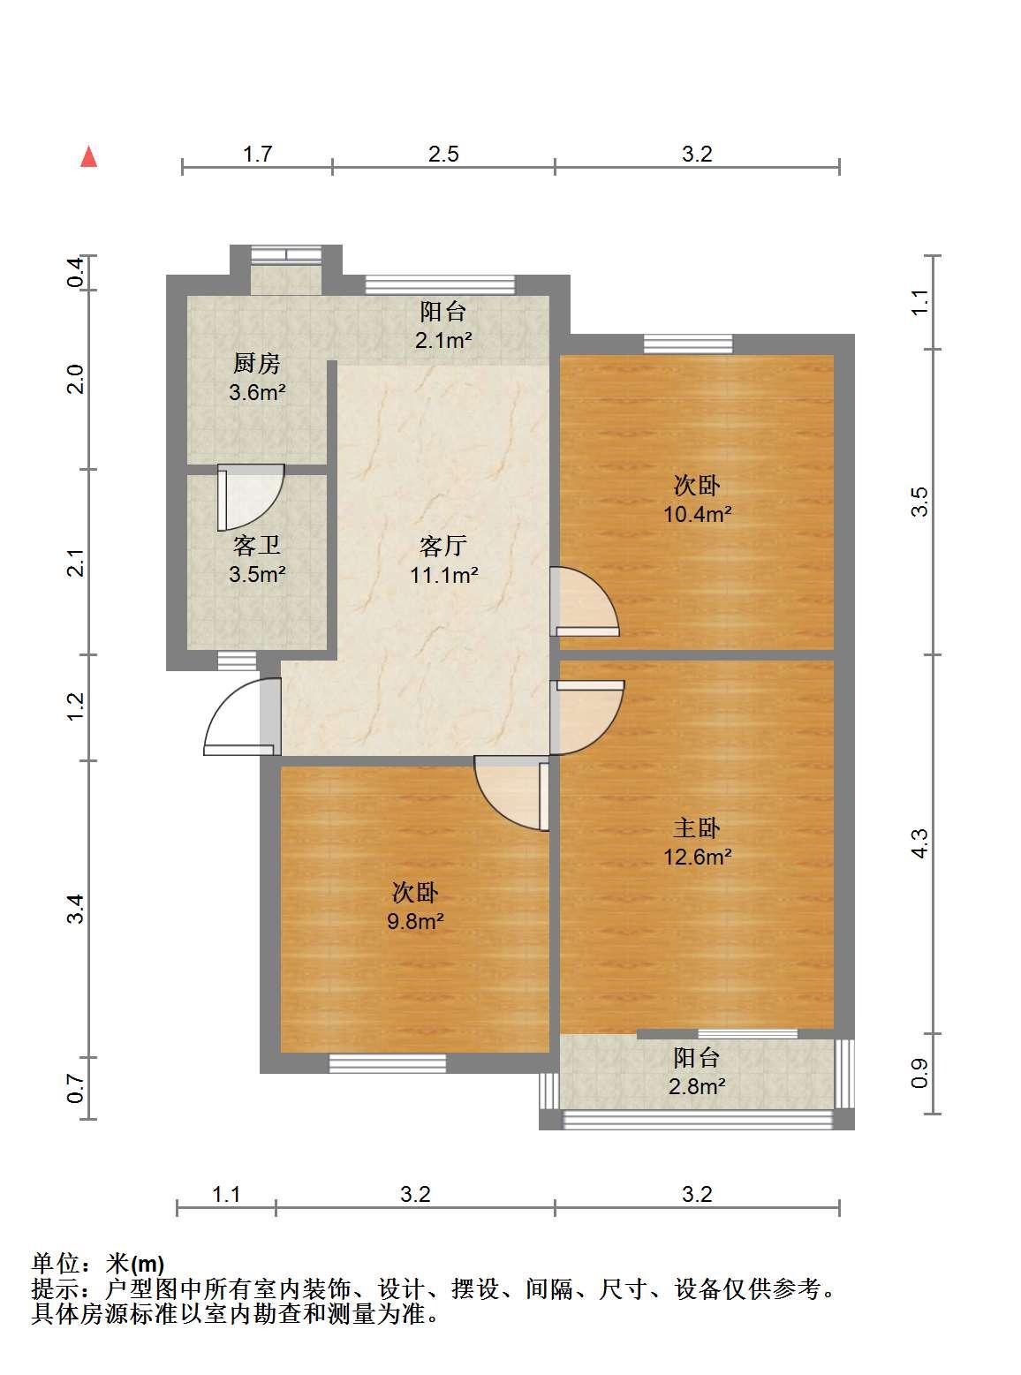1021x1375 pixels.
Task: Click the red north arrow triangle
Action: pyautogui.click(x=89, y=156)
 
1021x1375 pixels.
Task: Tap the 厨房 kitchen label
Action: pyautogui.click(x=257, y=363)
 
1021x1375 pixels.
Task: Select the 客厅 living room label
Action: pyautogui.click(x=442, y=546)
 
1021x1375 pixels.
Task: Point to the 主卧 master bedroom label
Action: pyautogui.click(x=697, y=828)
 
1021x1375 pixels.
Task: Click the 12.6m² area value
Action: pyautogui.click(x=697, y=857)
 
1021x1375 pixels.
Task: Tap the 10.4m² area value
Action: pyautogui.click(x=697, y=514)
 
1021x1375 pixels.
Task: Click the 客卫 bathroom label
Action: pyautogui.click(x=257, y=546)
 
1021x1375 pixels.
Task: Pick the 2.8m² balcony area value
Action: pyautogui.click(x=697, y=1086)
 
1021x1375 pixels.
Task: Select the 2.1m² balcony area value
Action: pyautogui.click(x=443, y=340)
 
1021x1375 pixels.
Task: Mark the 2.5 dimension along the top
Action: pyautogui.click(x=443, y=154)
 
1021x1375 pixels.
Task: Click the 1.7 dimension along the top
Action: pyautogui.click(x=257, y=154)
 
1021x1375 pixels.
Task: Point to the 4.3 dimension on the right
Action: pyautogui.click(x=919, y=843)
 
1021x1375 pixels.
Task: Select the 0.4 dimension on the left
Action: pyautogui.click(x=76, y=272)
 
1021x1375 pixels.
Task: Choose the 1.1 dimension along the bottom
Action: pyautogui.click(x=226, y=1194)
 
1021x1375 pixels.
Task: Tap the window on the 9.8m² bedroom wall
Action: pyautogui.click(x=387, y=1063)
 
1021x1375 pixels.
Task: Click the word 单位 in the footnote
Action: pyautogui.click(x=56, y=1264)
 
